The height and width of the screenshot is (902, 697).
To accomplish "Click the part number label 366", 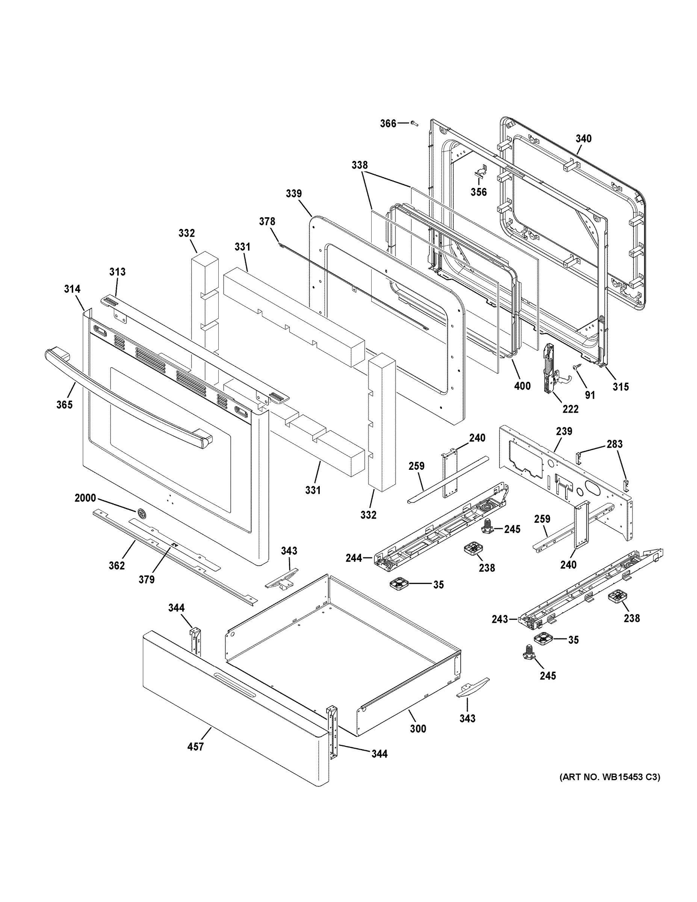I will [388, 124].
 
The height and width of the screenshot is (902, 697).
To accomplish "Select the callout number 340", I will [584, 139].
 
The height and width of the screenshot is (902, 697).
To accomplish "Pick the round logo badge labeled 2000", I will [142, 513].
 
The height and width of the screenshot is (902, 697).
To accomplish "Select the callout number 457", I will [195, 747].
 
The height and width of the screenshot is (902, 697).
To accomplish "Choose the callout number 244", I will [354, 558].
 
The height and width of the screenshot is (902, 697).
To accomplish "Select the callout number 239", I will [564, 431].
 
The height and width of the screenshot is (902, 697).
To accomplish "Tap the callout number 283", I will [614, 444].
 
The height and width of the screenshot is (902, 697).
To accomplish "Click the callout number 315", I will [620, 387].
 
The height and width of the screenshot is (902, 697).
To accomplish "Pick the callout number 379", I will [147, 580].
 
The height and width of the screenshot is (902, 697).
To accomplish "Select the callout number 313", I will [117, 272].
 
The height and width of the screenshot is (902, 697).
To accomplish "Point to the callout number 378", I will [267, 221].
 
